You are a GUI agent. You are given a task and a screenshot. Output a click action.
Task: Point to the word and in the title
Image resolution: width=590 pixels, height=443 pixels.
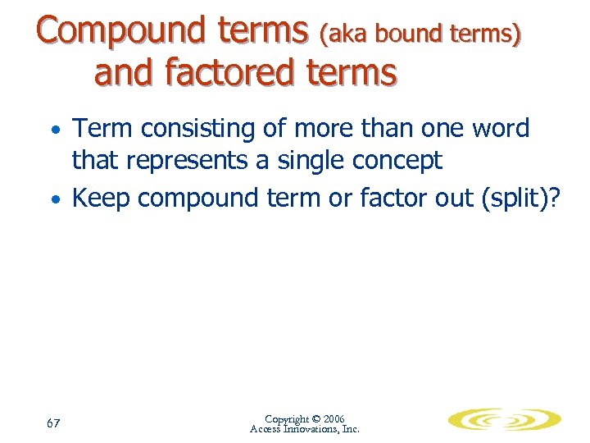[x=123, y=72]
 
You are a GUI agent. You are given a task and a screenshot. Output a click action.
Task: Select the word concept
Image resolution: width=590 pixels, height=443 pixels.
[x=398, y=161]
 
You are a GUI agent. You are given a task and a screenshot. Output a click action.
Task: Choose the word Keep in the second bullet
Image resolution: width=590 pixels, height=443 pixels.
[x=100, y=198]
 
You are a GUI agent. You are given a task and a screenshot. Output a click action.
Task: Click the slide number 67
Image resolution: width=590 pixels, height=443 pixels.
[x=53, y=423]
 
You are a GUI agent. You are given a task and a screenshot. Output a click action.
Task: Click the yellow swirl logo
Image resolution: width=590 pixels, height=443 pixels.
[x=504, y=421]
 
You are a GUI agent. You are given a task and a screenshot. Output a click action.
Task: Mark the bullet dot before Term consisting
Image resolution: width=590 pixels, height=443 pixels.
[x=55, y=131]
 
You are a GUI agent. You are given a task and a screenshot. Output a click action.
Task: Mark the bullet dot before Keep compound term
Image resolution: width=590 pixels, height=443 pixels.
[x=55, y=200]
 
